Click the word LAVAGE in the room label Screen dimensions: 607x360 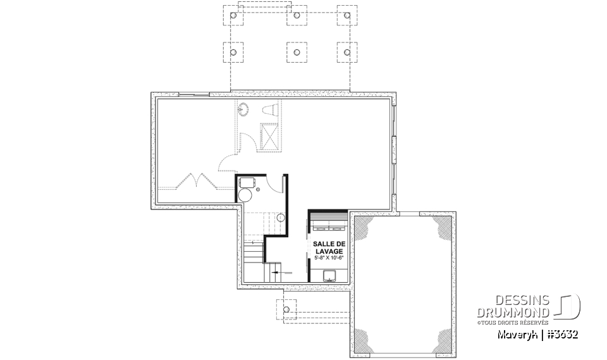pyautogui.click(x=329, y=251)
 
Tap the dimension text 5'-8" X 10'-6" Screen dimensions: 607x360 pyautogui.click(x=329, y=258)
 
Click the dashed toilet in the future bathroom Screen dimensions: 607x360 pyautogui.click(x=271, y=109)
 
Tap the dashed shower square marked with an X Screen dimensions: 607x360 pyautogui.click(x=269, y=137)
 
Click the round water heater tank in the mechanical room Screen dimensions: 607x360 pyautogui.click(x=245, y=195)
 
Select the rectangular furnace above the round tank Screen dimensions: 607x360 pyautogui.click(x=247, y=182)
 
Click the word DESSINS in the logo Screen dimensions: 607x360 pyautogui.click(x=522, y=301)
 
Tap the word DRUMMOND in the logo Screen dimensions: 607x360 pyautogui.click(x=513, y=313)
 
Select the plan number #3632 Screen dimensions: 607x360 pyautogui.click(x=563, y=335)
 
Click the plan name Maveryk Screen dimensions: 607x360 pyautogui.click(x=517, y=335)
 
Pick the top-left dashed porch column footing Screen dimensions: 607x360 pyautogui.click(x=233, y=15)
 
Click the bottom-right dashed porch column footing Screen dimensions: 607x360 pyautogui.click(x=347, y=53)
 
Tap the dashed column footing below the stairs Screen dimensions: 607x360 pyautogui.click(x=286, y=309)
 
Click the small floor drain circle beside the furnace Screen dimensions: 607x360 pyautogui.click(x=258, y=190)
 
